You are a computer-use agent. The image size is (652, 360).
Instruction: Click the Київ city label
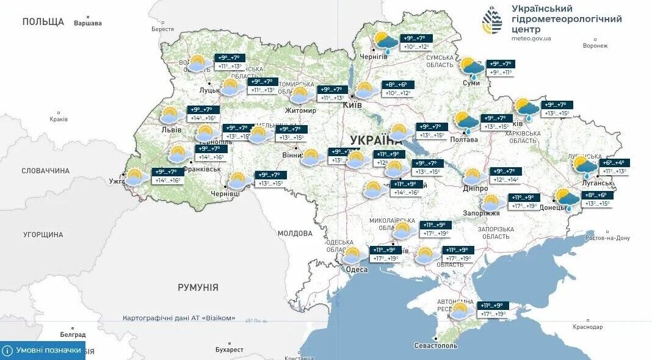tap(352, 105)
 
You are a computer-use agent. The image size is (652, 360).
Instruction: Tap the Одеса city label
tap(357, 270)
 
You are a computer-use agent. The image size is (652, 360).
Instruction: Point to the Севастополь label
tap(435, 345)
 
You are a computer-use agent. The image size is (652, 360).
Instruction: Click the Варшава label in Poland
tap(87, 23)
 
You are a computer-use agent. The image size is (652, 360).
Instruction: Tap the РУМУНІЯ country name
tap(198, 287)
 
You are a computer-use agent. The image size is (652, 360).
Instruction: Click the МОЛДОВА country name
tap(295, 233)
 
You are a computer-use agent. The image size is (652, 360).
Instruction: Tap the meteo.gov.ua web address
tap(531, 38)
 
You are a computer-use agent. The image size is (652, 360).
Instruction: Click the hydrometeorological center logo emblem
tap(493, 20)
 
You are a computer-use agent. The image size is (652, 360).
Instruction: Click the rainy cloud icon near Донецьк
tap(567, 200)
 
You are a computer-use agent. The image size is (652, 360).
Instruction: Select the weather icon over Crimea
tap(460, 311)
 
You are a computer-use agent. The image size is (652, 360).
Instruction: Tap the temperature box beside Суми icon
tap(499, 68)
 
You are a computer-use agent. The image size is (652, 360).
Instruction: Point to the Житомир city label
tap(300, 110)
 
